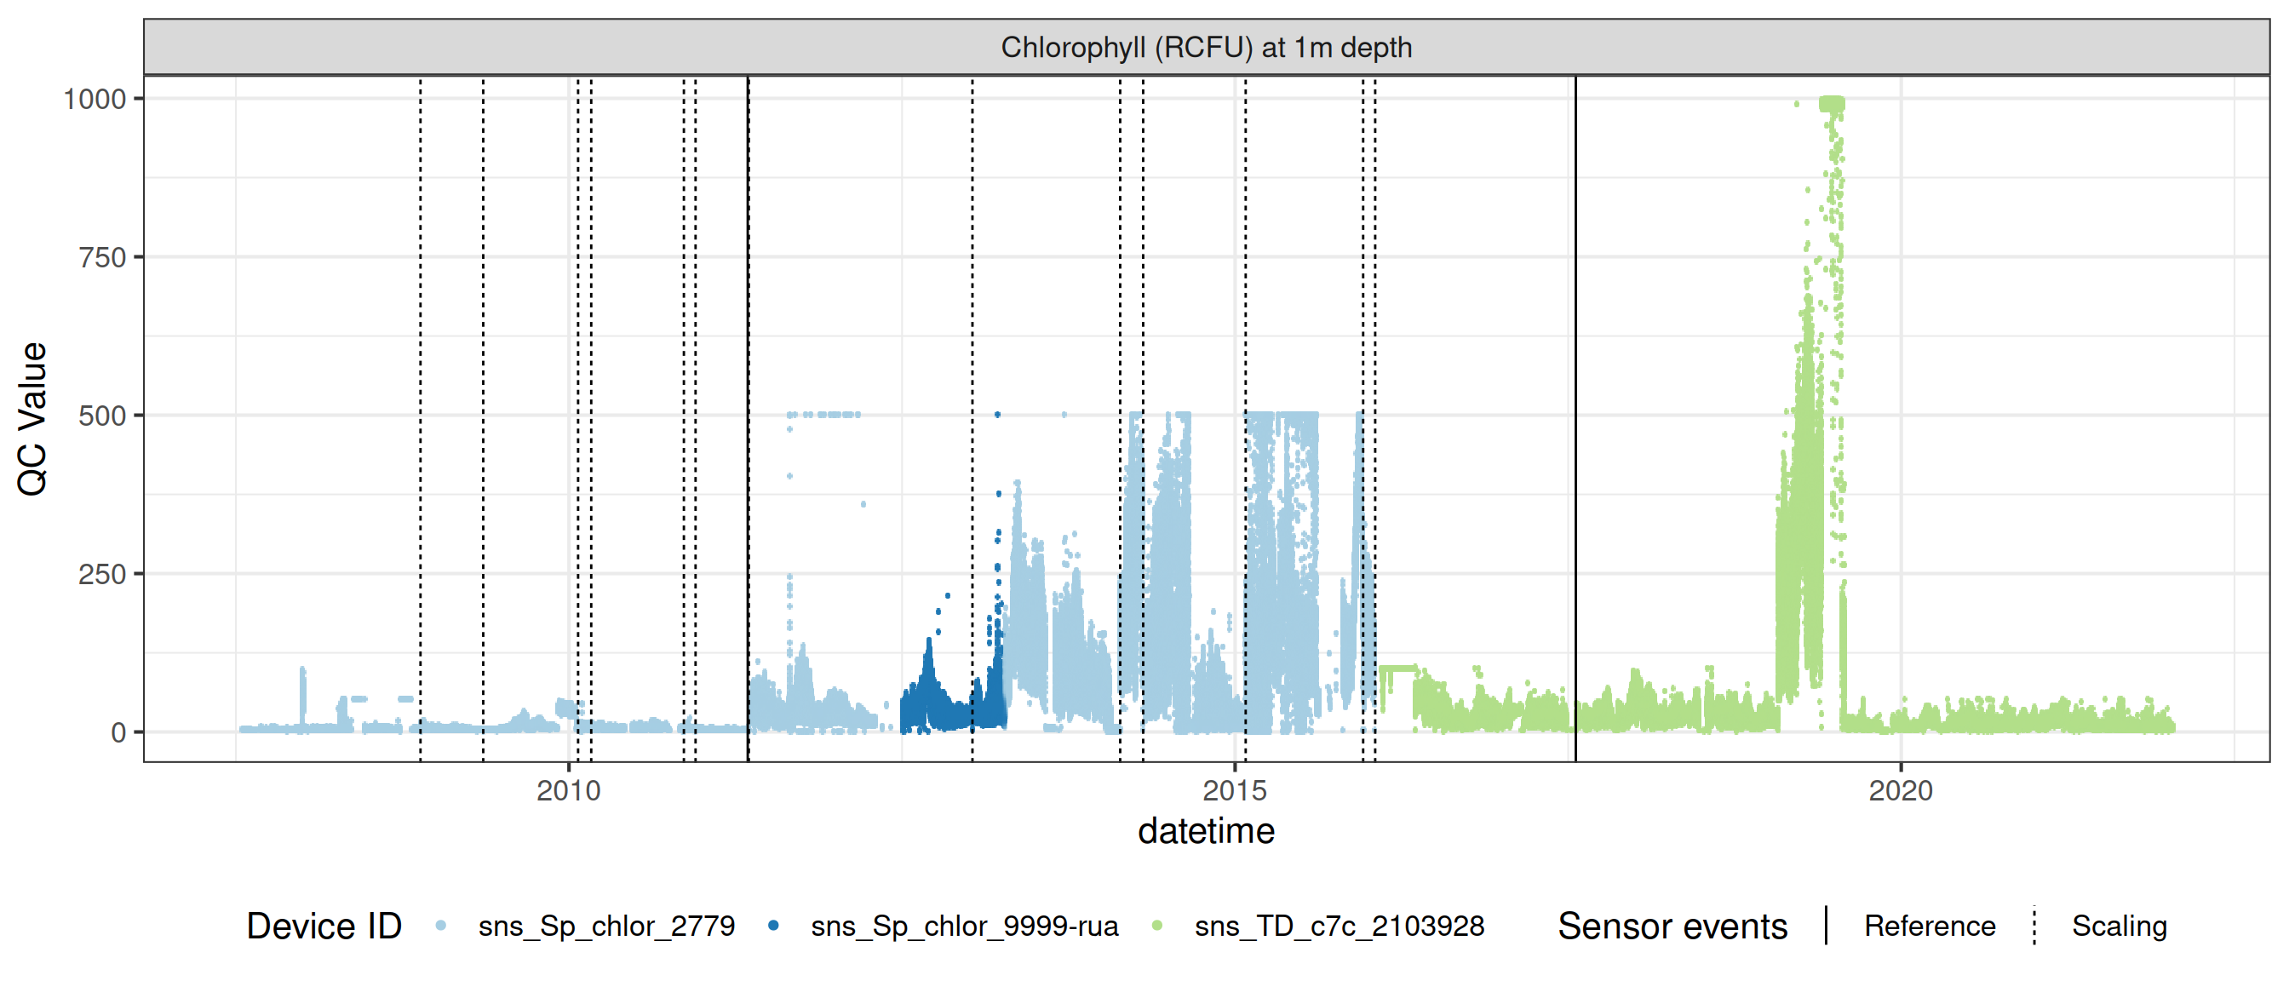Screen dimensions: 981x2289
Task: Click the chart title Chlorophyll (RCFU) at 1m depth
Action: point(1206,47)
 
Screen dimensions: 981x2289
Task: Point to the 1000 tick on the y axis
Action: point(95,99)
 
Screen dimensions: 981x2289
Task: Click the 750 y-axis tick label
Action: point(102,258)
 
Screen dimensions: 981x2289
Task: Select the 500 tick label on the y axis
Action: point(102,416)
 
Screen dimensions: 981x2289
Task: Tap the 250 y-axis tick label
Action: point(102,574)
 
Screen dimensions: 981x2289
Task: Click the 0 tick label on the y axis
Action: point(118,733)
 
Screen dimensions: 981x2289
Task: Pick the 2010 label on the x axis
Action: point(569,790)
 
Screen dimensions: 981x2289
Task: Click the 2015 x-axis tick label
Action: point(1234,790)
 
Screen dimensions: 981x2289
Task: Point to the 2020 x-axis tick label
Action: point(1900,790)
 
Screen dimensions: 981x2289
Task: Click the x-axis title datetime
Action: point(1206,832)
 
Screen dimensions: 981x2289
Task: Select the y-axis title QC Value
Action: point(32,418)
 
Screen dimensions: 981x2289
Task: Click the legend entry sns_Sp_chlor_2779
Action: point(606,926)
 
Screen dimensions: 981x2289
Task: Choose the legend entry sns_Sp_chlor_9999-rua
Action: point(964,926)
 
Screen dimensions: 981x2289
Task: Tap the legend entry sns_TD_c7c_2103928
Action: point(1340,926)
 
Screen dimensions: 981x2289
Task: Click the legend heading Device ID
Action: point(324,926)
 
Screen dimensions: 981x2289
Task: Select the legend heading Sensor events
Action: point(1672,926)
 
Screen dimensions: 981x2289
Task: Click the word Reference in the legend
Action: point(1929,926)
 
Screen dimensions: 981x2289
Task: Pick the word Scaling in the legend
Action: point(2119,926)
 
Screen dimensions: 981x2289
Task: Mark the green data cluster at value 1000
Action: point(1832,104)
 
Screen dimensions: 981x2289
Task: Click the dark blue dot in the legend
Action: point(773,926)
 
